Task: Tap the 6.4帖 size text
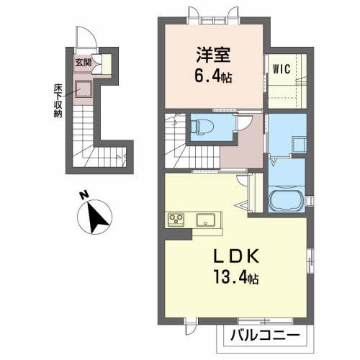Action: pos(214,75)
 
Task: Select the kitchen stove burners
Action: pos(176,220)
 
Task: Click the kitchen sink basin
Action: pos(204,219)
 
